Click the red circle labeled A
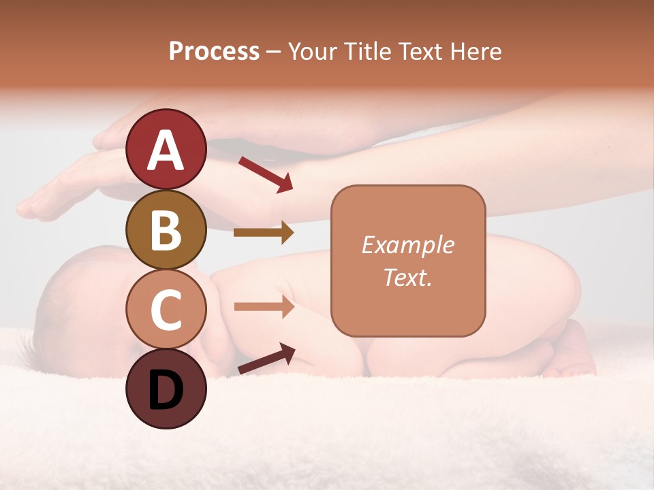coord(166,149)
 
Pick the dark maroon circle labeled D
coord(166,389)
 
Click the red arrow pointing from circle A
coord(266,174)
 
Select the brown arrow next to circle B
coord(264,233)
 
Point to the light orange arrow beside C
coord(264,307)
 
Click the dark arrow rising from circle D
coord(266,359)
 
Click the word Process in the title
coord(214,52)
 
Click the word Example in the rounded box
coord(407,245)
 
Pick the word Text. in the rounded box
coord(407,277)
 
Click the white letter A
coord(166,150)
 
